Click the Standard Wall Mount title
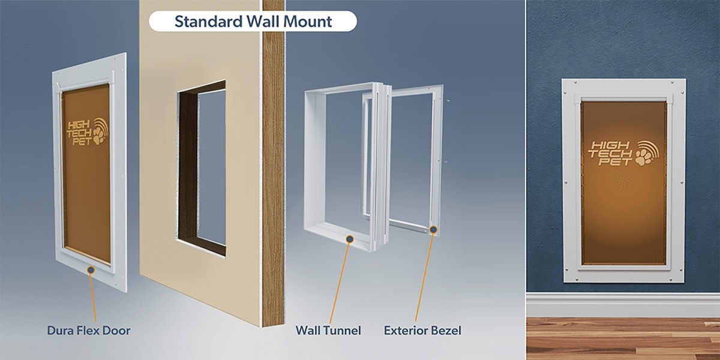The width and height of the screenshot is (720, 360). tap(253, 21)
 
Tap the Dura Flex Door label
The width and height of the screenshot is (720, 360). tap(89, 331)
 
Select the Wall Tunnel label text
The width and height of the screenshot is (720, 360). tap(328, 331)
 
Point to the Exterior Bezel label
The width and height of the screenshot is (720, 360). tap(422, 331)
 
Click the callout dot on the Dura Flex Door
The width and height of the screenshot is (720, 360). tap(91, 270)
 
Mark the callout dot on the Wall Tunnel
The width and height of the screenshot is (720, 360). tap(350, 239)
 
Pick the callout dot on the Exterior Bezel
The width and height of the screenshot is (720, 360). tap(433, 229)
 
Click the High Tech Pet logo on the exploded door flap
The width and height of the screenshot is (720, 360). tap(88, 132)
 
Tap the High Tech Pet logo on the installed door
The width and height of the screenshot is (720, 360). tap(623, 154)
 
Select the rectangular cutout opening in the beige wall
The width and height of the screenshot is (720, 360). tap(202, 169)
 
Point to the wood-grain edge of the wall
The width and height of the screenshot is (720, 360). tap(273, 163)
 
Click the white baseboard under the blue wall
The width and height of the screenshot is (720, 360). tap(623, 305)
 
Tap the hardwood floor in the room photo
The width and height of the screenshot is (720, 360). tap(623, 339)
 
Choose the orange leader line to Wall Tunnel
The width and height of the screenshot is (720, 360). tap(340, 283)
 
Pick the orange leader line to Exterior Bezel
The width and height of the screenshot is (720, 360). tap(424, 277)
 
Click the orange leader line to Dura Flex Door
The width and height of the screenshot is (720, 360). tap(93, 298)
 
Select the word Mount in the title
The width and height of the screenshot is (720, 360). tap(308, 22)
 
